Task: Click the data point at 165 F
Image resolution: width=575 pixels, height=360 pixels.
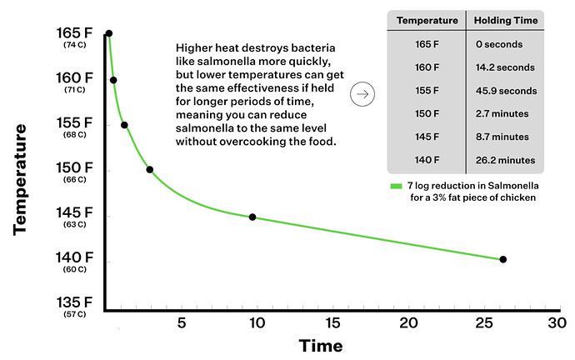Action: [x=108, y=33]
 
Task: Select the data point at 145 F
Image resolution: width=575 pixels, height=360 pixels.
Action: [x=252, y=217]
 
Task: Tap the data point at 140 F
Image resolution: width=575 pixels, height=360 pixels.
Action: [x=502, y=259]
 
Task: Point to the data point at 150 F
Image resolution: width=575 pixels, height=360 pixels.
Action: [x=149, y=169]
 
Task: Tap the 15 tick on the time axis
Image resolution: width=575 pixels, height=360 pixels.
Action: [x=332, y=322]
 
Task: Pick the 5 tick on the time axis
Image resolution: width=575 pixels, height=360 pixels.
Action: [x=180, y=322]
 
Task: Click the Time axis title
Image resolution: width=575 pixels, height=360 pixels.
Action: [x=321, y=345]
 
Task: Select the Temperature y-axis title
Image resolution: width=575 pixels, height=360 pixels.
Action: [x=22, y=179]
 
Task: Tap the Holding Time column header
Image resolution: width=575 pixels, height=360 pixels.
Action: [x=503, y=19]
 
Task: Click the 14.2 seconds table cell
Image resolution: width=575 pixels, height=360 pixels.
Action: [x=503, y=67]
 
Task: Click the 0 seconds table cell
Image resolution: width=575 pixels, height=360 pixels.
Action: [x=503, y=43]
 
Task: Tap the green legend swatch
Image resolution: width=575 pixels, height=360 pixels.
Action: [x=396, y=185]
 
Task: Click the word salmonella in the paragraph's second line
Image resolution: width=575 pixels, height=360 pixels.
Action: [x=224, y=61]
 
